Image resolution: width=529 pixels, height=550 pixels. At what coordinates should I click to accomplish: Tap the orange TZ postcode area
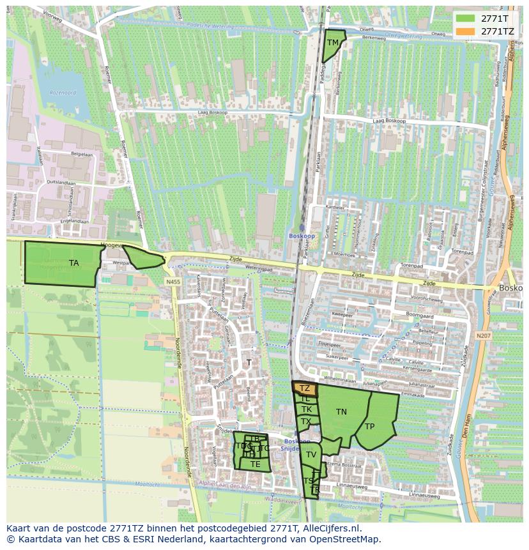305,388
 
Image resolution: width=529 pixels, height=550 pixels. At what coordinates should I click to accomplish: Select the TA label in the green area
74,263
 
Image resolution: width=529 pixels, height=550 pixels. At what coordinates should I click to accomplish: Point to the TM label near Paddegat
333,43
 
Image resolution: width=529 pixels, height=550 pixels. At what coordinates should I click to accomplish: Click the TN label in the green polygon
342,412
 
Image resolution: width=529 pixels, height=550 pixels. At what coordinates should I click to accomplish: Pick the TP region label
370,427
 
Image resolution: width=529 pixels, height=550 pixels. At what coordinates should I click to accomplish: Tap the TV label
311,455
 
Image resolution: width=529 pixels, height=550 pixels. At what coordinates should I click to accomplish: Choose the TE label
256,464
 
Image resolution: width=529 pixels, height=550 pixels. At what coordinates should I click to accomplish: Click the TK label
307,409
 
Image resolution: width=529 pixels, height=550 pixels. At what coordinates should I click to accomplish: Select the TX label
306,422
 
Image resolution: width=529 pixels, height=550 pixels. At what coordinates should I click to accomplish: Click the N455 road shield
172,282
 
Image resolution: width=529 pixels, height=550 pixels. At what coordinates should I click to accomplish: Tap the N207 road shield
484,334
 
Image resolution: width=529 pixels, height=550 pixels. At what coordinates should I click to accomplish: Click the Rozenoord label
63,93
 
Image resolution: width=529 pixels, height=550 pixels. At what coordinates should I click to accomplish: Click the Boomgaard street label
420,316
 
